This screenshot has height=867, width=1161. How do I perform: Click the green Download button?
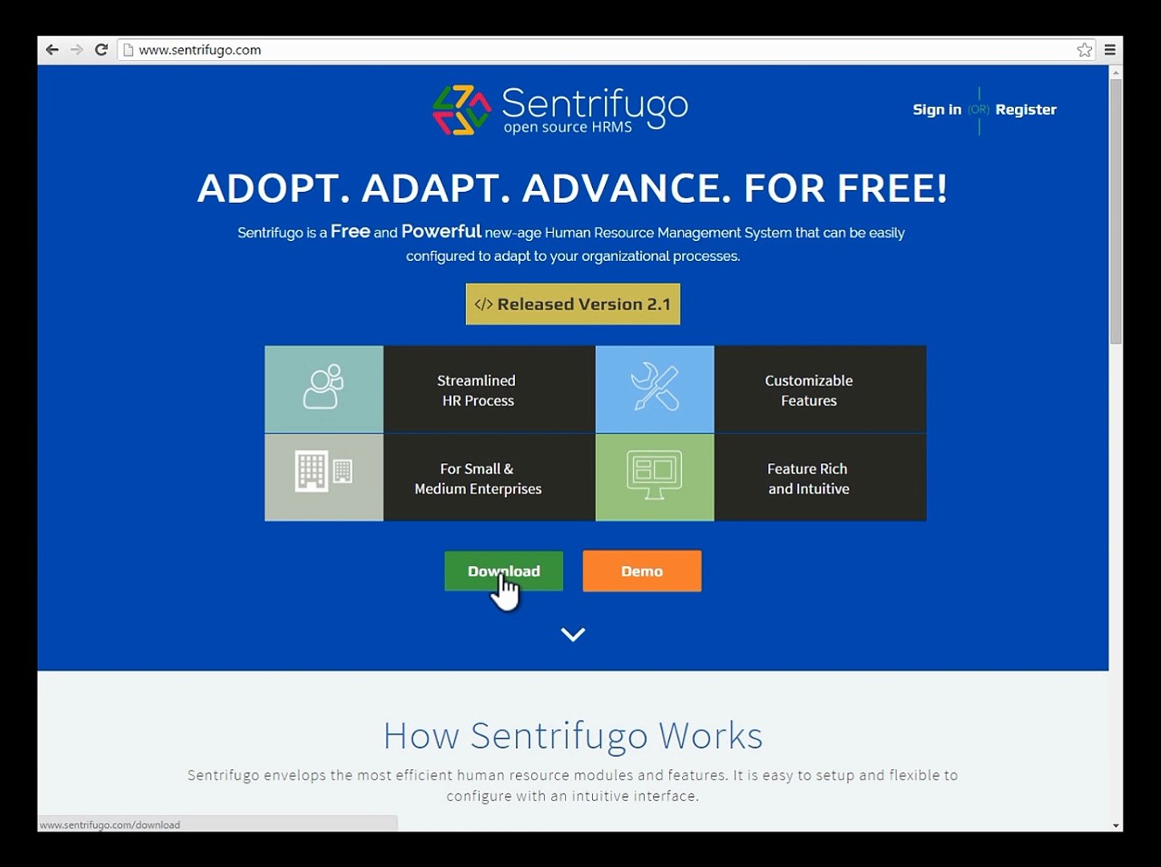coord(503,571)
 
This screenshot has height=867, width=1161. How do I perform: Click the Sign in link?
coord(936,110)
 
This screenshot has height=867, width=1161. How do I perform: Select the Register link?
coord(1025,110)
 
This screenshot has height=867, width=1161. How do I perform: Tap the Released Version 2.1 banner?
coord(573,304)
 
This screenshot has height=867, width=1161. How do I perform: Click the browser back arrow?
coord(52,50)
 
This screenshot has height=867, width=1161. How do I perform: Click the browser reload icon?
coord(101,50)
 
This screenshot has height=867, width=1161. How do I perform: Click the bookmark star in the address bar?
coord(1084,50)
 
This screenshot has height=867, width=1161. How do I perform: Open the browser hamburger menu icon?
coord(1110,50)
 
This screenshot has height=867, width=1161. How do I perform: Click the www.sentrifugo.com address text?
coord(200,50)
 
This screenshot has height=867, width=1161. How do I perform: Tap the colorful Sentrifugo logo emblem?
coord(461,110)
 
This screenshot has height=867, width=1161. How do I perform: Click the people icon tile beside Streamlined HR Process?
coord(323,389)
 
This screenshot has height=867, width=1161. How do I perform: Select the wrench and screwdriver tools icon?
coord(655,389)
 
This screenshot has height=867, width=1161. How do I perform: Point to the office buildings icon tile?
coord(323,477)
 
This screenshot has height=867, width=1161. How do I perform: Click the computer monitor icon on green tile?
coord(655,477)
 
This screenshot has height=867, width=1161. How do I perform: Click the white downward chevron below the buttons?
coord(573,634)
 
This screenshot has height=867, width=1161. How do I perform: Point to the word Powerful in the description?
coord(440,231)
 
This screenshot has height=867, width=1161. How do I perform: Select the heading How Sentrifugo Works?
coord(573,735)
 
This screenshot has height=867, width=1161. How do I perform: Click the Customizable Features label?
coord(809,390)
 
